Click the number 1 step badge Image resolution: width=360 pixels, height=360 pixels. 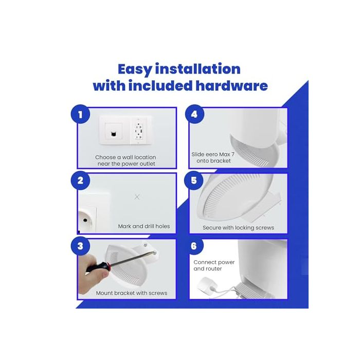pyautogui.click(x=80, y=114)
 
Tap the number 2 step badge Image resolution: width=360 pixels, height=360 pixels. pyautogui.click(x=80, y=181)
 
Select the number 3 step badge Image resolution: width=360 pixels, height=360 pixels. pyautogui.click(x=80, y=246)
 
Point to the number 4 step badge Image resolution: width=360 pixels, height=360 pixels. pyautogui.click(x=194, y=114)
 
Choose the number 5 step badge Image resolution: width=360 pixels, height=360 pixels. pyautogui.click(x=194, y=181)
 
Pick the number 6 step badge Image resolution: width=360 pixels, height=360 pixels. pyautogui.click(x=194, y=246)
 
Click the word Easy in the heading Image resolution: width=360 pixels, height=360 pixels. pyautogui.click(x=135, y=69)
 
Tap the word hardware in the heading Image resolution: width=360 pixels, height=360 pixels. pyautogui.click(x=231, y=86)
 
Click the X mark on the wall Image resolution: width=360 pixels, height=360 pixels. pyautogui.click(x=137, y=197)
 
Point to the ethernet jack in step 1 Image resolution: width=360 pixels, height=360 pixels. pyautogui.click(x=113, y=134)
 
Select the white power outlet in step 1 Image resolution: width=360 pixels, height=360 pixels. pyautogui.click(x=139, y=131)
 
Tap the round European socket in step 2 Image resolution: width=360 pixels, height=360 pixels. pyautogui.click(x=85, y=220)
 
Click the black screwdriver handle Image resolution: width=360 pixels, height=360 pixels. pyautogui.click(x=99, y=267)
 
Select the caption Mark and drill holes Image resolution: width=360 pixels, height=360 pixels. pyautogui.click(x=144, y=226)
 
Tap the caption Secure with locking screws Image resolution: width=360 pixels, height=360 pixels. pyautogui.click(x=238, y=227)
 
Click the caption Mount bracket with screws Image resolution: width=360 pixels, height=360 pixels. pyautogui.click(x=132, y=293)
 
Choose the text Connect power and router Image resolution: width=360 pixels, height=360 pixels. pyautogui.click(x=214, y=265)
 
